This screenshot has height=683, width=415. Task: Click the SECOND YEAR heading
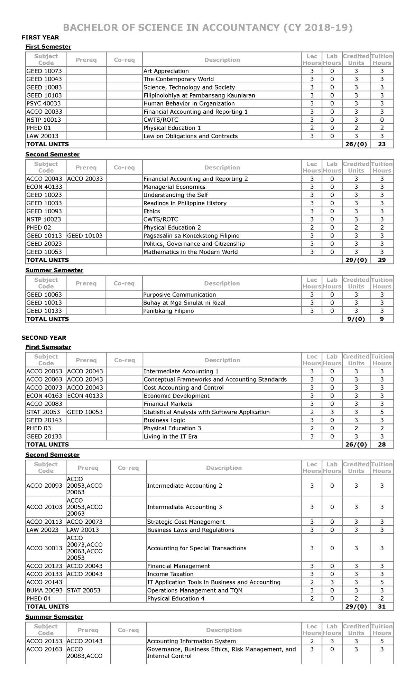pos(44,338)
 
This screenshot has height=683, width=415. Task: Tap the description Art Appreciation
pos(166,71)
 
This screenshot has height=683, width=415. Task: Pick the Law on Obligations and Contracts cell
pos(191,136)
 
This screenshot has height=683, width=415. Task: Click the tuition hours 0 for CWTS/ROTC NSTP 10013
pos(382,120)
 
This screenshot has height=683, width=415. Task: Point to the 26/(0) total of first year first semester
pos(356,144)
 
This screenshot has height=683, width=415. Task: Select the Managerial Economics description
pos(174,187)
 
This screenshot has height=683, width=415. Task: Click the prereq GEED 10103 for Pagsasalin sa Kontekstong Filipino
pos(85,235)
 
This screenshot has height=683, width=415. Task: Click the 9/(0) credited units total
pos(356,319)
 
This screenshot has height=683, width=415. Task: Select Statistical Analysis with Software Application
pos(206,412)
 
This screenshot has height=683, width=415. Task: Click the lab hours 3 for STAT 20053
pos(332,412)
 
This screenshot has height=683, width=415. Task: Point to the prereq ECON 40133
pos(85,395)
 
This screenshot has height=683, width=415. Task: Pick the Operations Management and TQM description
pos(195,590)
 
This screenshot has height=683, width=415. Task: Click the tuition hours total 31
pos(382,606)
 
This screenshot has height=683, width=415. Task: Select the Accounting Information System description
pos(191,641)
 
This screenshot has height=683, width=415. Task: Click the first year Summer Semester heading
pos(54,270)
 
